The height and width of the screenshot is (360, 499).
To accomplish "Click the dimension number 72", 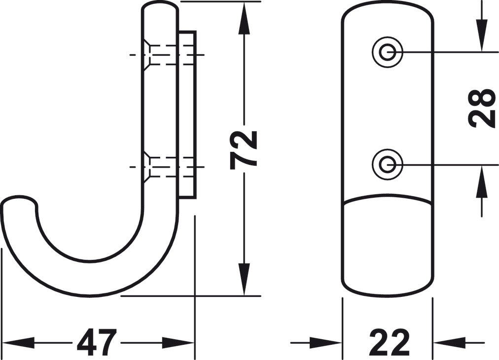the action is point(243,148).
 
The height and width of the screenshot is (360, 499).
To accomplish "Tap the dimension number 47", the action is point(96,343).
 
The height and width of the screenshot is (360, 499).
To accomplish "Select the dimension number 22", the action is point(389,343).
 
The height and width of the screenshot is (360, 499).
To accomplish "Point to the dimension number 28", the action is point(481,108).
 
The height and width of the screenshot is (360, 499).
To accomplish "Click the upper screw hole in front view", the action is point(387,52).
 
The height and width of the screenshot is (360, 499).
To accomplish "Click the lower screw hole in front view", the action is point(387,164).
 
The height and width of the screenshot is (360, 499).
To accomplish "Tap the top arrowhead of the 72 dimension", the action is point(244,17).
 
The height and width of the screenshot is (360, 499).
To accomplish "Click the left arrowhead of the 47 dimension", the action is point(17,343).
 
